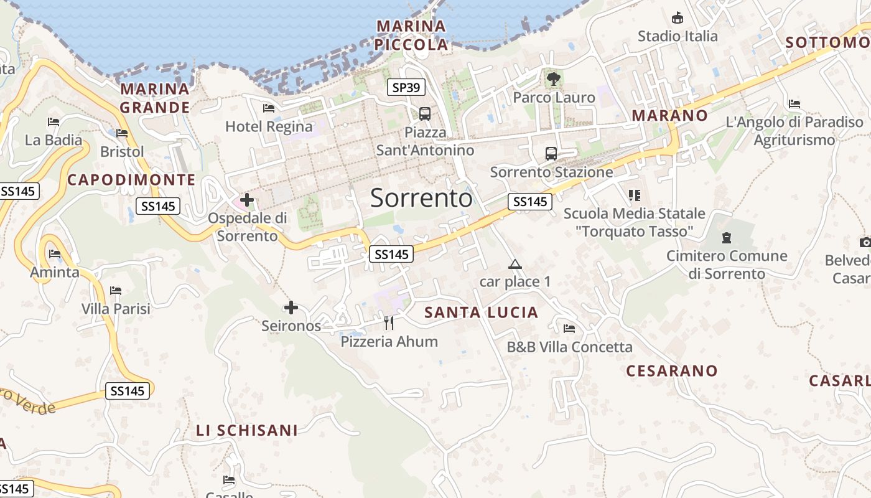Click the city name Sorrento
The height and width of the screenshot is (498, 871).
tap(421, 198)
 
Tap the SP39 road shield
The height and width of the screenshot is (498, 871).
tap(406, 88)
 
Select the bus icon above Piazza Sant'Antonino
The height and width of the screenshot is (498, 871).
tap(425, 114)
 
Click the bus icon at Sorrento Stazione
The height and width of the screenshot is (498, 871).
tap(551, 153)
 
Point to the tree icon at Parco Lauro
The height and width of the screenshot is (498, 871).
tap(553, 79)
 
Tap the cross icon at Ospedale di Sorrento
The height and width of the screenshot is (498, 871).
tap(247, 200)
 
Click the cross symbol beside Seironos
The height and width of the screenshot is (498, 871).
tap(291, 308)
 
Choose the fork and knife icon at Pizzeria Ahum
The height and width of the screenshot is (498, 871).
tap(389, 322)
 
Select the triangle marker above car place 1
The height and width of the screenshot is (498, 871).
tap(515, 265)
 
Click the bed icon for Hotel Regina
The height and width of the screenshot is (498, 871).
tap(269, 108)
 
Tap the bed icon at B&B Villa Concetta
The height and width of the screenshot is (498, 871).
tap(569, 329)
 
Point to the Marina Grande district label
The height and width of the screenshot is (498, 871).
tap(155, 98)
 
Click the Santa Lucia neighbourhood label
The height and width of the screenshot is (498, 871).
tap(481, 312)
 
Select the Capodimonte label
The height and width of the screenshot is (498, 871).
tap(131, 180)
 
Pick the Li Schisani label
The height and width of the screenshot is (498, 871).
tap(247, 430)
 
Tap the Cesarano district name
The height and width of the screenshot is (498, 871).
tap(672, 371)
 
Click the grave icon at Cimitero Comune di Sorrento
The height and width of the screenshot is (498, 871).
tap(726, 237)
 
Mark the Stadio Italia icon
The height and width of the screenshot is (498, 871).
tap(678, 18)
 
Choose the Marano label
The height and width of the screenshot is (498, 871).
tap(670, 115)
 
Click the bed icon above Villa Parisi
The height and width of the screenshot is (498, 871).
tap(115, 290)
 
